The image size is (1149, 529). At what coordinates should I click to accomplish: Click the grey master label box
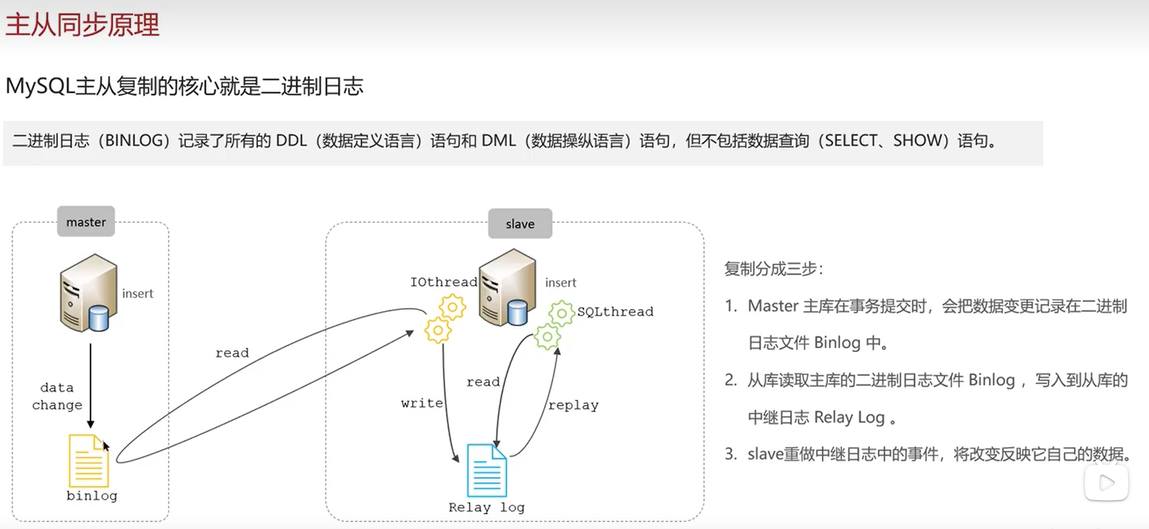(x=86, y=222)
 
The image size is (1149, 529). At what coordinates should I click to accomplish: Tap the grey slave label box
(x=520, y=224)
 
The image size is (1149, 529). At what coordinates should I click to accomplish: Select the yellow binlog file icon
(x=88, y=461)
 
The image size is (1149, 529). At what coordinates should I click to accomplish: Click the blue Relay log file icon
(x=486, y=470)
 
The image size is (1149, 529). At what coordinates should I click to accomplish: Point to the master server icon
(x=88, y=293)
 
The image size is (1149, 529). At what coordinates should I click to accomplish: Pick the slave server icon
(x=507, y=288)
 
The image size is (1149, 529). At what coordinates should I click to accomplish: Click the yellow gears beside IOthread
(x=445, y=319)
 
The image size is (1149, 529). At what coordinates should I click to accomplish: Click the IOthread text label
(x=443, y=282)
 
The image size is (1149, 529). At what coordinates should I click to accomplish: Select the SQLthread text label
(x=615, y=311)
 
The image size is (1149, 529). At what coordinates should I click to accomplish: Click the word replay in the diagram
(x=573, y=405)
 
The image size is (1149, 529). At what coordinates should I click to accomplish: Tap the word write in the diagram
(x=421, y=403)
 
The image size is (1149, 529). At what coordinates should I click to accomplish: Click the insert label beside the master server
(x=138, y=293)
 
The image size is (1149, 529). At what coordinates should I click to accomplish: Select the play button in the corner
(x=1107, y=483)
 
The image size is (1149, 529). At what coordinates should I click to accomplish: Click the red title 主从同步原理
(x=82, y=25)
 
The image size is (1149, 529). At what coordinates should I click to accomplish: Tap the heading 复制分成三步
(x=773, y=269)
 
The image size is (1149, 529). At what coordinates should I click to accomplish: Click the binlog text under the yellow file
(x=92, y=496)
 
